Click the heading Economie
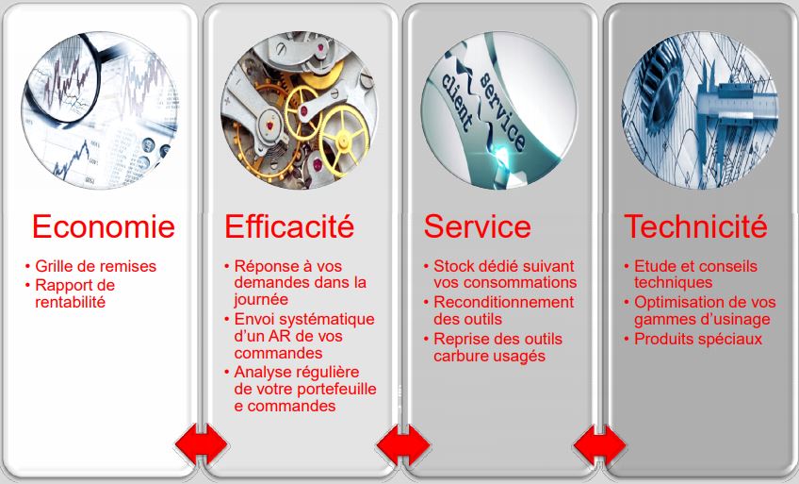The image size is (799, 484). point(104,226)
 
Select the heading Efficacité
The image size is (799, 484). point(289,226)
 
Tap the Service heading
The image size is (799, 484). point(478,226)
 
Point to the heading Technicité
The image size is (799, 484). point(695,226)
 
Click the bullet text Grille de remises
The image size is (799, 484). point(95,266)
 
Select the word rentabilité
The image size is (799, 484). point(71,302)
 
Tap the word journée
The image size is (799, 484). point(261,300)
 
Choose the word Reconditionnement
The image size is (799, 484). point(503,302)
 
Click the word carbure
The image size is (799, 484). point(459,356)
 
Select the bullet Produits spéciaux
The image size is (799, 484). point(698,339)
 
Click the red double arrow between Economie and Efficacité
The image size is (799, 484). point(202,444)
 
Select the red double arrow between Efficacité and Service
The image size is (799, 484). point(403,444)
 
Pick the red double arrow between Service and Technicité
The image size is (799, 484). point(600,444)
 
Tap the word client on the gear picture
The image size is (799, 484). point(457,102)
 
